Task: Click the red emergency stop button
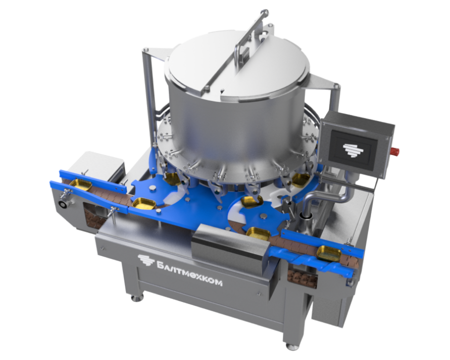point(395,150)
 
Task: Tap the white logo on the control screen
point(352,148)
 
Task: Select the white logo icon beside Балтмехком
point(145,260)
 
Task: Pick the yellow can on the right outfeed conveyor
point(329,251)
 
